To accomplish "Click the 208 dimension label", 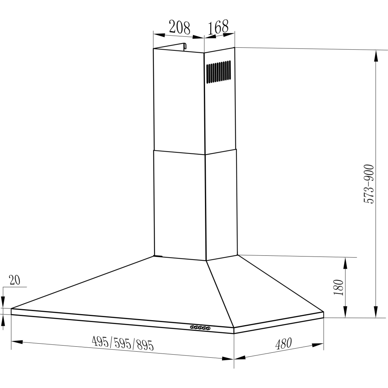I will coord(179,28).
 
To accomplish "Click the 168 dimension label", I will coord(219,27).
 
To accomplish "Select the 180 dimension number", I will coord(339,288).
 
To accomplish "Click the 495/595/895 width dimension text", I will coord(123,343).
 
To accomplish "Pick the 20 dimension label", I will coord(14,280).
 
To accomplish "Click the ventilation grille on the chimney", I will coord(219,72).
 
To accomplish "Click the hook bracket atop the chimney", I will coord(185,46).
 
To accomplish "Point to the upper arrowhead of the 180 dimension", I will coord(346,263).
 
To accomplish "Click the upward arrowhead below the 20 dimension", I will coord(3,321).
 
